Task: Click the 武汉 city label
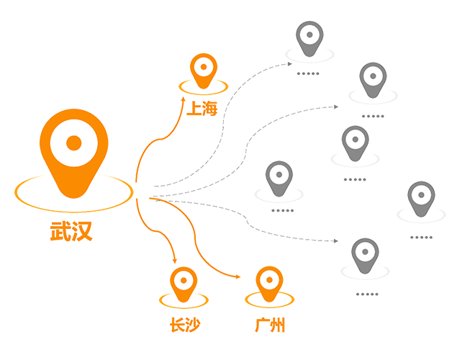coord(72,232)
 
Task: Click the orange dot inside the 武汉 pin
coord(73,142)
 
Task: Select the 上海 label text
coord(204,109)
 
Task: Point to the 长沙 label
coord(184,324)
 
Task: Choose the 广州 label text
coord(269,324)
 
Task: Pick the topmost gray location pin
coord(310,38)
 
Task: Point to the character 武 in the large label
coord(60,232)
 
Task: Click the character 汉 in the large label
coord(83,232)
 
